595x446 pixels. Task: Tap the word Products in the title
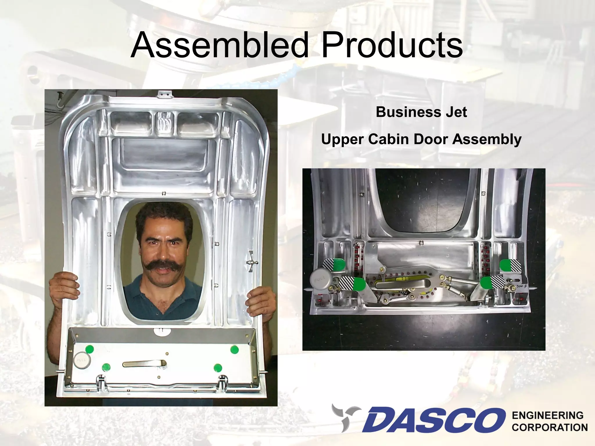[392, 45]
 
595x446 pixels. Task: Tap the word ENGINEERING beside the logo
[548, 416]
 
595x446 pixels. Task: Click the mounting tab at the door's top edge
[164, 94]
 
